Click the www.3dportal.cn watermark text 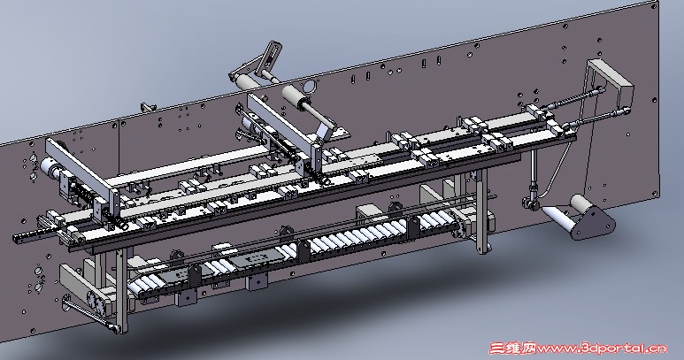(603, 349)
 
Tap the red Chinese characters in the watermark (512, 349)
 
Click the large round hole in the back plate (308, 87)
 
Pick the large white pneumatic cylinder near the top (292, 95)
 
